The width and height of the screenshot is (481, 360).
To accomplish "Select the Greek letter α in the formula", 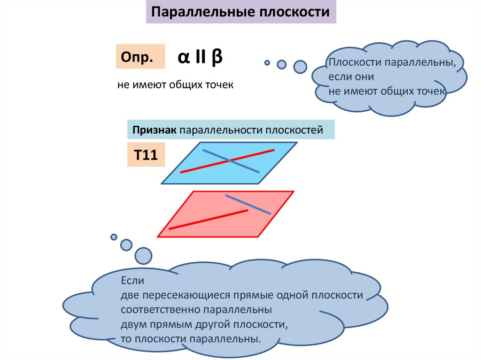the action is (x=184, y=57).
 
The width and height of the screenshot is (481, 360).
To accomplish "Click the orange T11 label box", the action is (x=146, y=154).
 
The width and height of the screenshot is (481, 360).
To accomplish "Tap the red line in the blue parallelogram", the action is (x=197, y=168).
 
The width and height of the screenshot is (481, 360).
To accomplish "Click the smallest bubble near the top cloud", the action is (x=267, y=62).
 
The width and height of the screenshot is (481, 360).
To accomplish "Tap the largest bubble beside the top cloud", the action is (x=300, y=67).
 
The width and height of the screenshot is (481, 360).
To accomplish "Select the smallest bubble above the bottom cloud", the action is (x=114, y=237).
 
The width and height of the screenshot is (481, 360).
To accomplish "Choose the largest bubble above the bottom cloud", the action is (x=143, y=256).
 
